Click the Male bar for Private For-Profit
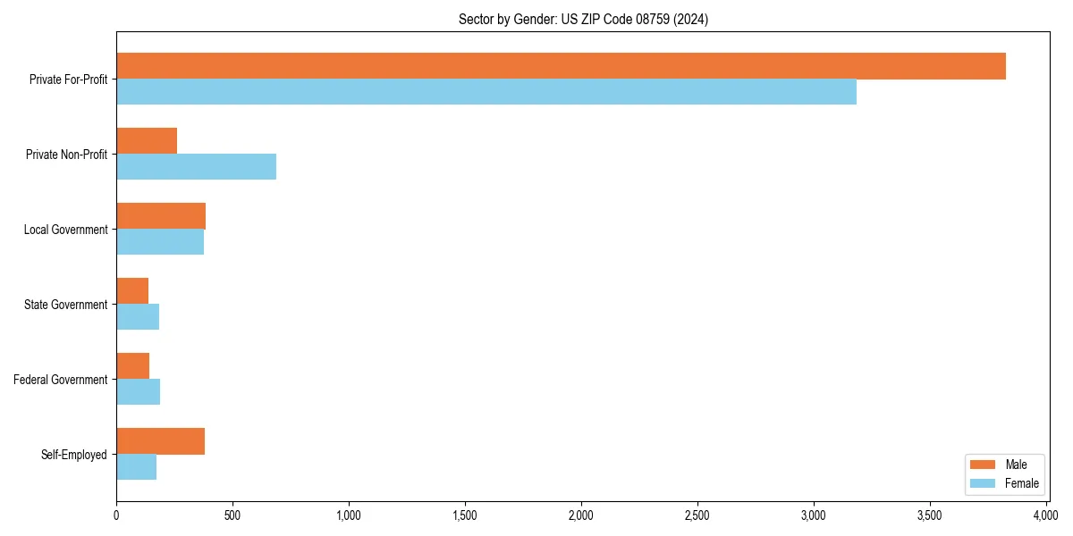click(561, 66)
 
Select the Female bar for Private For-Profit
click(486, 92)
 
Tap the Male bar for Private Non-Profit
click(147, 141)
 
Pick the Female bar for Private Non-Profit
click(196, 167)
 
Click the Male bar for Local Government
click(161, 216)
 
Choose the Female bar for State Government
click(138, 317)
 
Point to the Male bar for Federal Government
click(132, 366)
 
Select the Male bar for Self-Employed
click(160, 441)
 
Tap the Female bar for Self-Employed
click(136, 467)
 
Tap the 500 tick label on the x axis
click(232, 515)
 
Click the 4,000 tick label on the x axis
click(1046, 515)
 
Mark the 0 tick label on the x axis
click(116, 515)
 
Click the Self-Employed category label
click(74, 455)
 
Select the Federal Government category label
click(61, 380)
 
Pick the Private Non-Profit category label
click(66, 155)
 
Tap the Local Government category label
click(66, 230)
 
